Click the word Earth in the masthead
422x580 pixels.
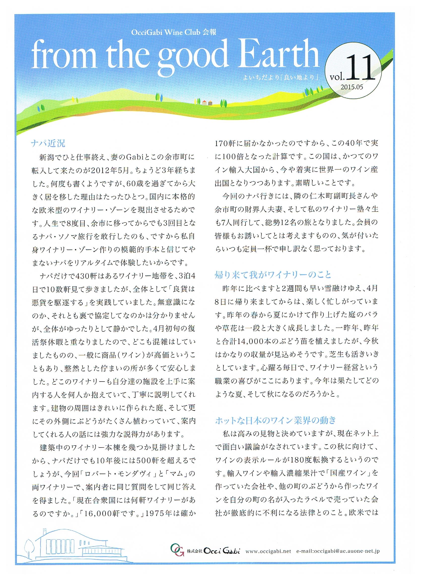click(x=275, y=55)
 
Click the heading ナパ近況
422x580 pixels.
click(x=48, y=143)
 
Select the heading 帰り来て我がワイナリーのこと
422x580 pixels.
click(x=273, y=275)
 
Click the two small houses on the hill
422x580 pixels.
click(x=207, y=103)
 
